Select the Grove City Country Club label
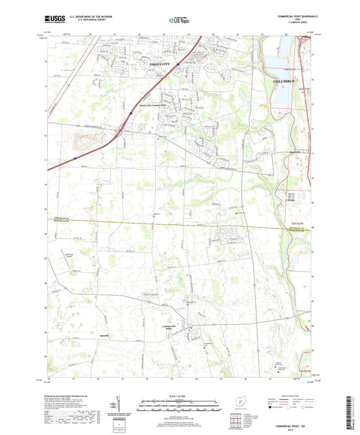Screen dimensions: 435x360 point(156,105)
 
